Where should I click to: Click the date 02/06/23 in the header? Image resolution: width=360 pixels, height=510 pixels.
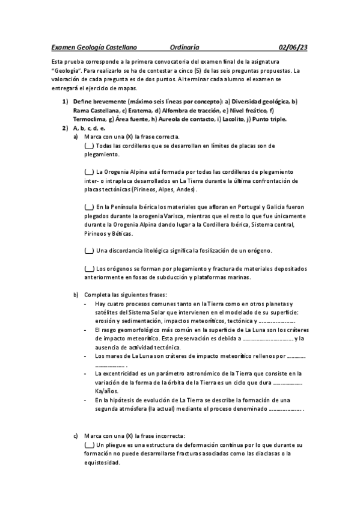(x=293, y=46)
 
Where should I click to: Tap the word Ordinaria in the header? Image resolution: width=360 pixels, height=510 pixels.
(x=185, y=46)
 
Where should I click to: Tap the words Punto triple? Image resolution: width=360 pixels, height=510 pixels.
(x=266, y=119)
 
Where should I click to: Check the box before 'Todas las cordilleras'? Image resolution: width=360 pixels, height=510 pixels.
(x=89, y=146)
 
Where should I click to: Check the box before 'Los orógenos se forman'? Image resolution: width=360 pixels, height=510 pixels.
(x=89, y=269)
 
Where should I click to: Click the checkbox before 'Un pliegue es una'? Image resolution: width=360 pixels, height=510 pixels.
(x=89, y=445)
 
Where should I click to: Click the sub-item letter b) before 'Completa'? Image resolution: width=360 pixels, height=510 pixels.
(x=76, y=295)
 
